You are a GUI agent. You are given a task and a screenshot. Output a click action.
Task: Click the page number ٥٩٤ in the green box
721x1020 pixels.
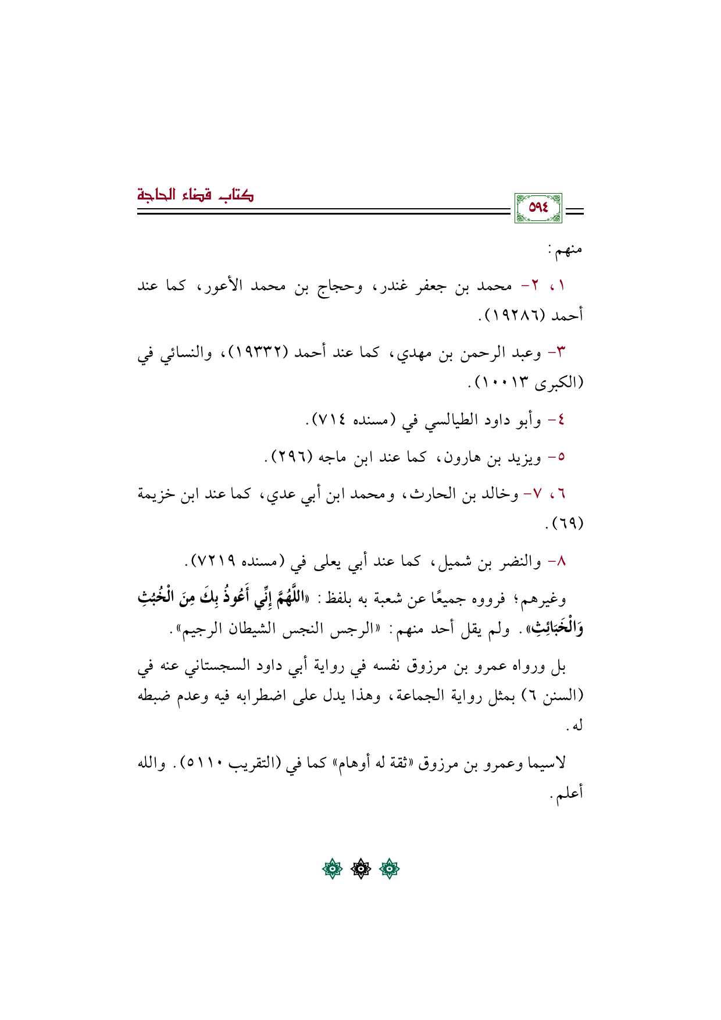pos(538,208)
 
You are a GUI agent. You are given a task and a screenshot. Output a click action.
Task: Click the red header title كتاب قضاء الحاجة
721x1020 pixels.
pos(195,194)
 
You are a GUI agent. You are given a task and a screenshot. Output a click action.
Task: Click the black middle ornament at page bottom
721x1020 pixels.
pos(360,869)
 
